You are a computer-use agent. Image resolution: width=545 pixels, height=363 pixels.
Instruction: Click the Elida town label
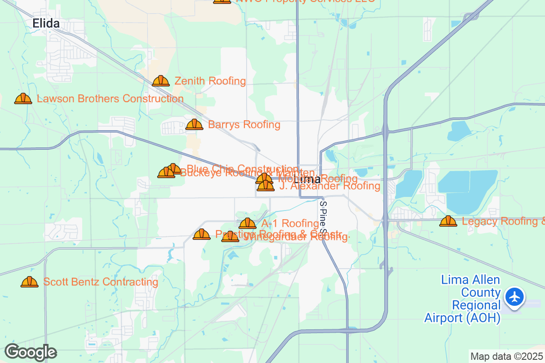[x=46, y=24]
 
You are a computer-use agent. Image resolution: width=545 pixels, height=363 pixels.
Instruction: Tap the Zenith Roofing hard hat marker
[x=161, y=81]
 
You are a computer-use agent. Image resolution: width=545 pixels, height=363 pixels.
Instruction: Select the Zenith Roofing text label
[x=210, y=81]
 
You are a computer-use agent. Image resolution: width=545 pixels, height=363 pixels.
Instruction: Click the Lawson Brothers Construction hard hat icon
[x=23, y=98]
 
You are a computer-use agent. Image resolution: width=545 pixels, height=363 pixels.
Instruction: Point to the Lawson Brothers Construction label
[x=110, y=98]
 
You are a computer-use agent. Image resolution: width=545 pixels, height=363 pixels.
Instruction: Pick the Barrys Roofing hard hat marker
[x=194, y=124]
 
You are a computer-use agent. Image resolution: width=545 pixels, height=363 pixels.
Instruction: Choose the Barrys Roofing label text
[x=244, y=124]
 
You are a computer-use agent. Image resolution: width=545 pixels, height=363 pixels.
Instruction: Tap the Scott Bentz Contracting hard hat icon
[x=30, y=282]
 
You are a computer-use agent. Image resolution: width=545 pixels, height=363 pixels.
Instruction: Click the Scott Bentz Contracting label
[x=101, y=282]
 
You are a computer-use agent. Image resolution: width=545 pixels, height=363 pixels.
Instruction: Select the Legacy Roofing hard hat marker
[x=448, y=221]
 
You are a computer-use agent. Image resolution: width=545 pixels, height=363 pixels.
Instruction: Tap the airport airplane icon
[x=515, y=298]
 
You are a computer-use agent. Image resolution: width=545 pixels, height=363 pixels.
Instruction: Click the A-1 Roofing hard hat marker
[x=248, y=223]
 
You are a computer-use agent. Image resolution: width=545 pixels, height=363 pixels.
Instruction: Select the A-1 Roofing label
[x=290, y=223]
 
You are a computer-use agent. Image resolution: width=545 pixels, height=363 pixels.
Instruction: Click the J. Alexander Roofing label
[x=330, y=186]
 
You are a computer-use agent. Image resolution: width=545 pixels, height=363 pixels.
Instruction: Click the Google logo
[x=30, y=352]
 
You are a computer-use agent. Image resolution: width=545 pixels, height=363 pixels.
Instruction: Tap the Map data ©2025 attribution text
[x=506, y=356]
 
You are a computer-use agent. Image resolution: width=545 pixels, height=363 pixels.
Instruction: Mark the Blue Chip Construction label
[x=242, y=169]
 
